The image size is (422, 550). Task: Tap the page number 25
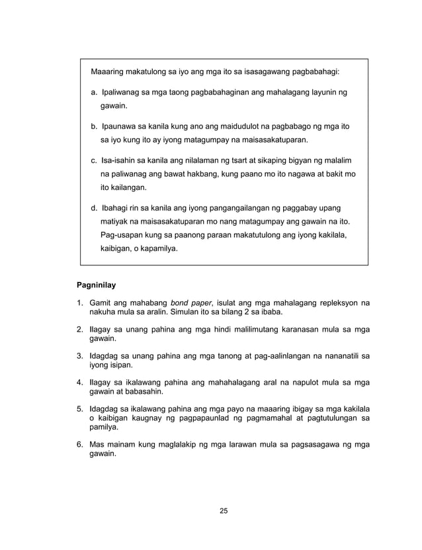223,510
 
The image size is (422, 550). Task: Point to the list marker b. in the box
95,127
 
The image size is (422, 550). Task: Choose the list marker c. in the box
95,161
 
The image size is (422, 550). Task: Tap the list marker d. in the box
95,209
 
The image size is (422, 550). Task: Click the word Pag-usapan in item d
124,235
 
